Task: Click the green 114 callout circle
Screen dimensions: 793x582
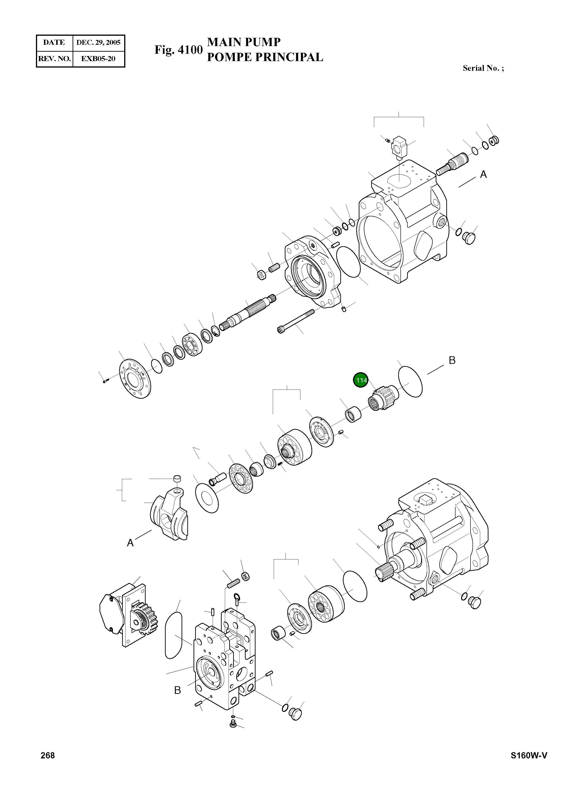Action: point(360,380)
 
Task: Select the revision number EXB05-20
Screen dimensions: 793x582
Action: point(98,59)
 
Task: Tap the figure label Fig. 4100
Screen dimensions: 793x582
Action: point(179,50)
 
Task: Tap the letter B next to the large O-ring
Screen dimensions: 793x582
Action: point(452,360)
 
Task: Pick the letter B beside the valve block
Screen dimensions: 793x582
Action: point(178,690)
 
